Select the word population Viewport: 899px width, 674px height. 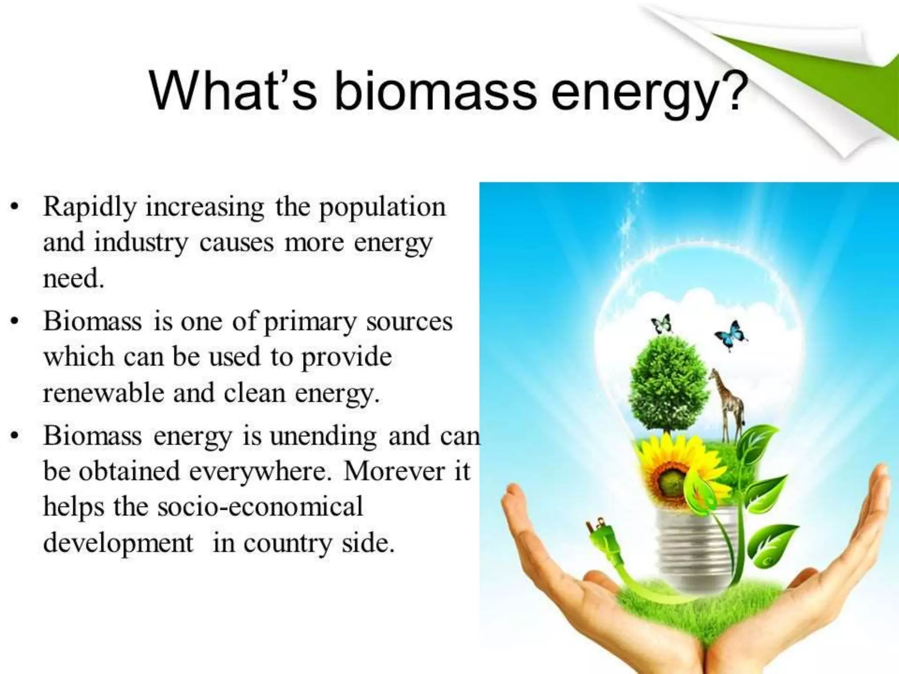click(382, 207)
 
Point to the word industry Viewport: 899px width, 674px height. click(140, 243)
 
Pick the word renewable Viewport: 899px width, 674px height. click(104, 393)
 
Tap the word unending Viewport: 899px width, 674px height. click(323, 437)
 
